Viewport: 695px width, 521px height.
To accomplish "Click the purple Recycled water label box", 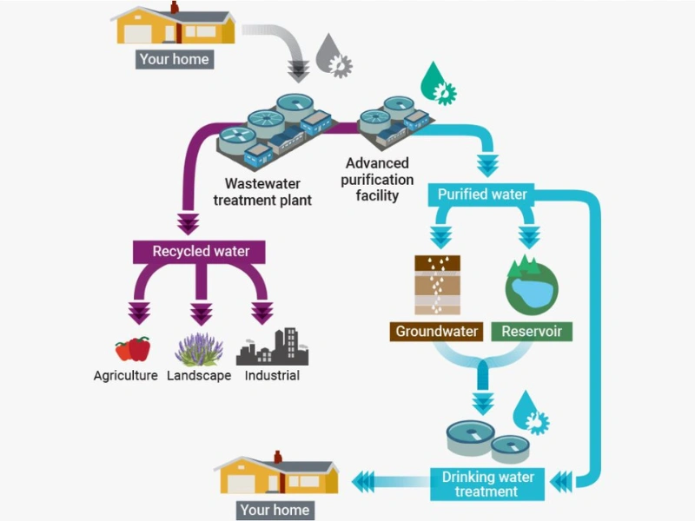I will click(201, 252).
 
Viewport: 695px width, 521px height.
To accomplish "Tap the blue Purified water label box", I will click(482, 195).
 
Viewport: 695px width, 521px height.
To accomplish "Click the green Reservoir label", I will click(531, 332).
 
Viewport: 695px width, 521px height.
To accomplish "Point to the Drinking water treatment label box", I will click(487, 484).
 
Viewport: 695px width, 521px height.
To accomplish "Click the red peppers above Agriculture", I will click(133, 349).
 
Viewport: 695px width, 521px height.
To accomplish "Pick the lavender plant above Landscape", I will click(200, 348).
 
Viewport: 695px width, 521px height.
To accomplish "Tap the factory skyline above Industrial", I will click(272, 347).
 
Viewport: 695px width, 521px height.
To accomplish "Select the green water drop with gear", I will click(438, 83).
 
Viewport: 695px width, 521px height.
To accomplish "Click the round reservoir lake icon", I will click(531, 285).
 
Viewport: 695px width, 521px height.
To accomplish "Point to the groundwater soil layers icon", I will click(438, 285).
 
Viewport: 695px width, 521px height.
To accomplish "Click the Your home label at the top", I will click(174, 59).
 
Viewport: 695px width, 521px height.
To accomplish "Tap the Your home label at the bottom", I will click(275, 510).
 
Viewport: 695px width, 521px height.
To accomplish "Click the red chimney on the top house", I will click(174, 8).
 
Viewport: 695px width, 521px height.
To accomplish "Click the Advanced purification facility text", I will click(377, 179).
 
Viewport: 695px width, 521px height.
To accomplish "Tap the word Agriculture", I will click(126, 376).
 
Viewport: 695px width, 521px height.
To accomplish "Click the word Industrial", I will click(272, 376).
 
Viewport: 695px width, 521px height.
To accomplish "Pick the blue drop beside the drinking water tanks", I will click(531, 412).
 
